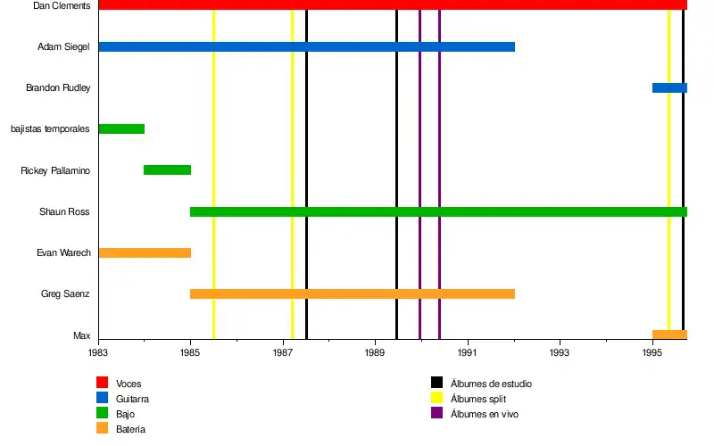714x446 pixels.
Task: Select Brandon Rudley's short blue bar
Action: [x=668, y=87]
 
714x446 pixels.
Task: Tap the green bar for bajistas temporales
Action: [x=121, y=128]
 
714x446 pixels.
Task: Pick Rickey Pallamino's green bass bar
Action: [x=167, y=169]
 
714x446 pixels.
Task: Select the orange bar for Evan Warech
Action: [x=145, y=252]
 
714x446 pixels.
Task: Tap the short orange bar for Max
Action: [x=668, y=334]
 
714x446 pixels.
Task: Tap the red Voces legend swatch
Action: [x=102, y=384]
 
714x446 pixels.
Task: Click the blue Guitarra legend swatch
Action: [x=102, y=399]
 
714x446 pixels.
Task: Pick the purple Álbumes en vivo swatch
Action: [x=436, y=414]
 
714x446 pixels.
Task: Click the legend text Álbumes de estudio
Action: [x=491, y=384]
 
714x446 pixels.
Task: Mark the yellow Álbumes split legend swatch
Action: [x=436, y=399]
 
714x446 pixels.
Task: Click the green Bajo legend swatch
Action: [x=102, y=414]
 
